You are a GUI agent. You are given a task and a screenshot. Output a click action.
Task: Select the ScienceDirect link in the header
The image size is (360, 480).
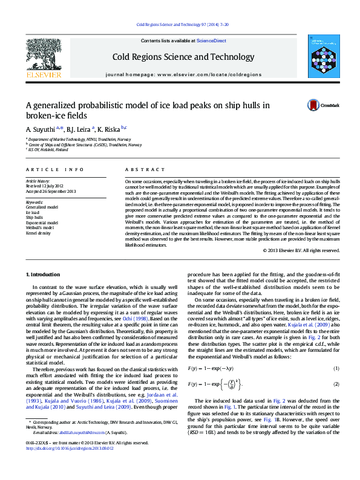[211, 41]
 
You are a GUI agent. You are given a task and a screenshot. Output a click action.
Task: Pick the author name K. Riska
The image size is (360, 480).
[110, 129]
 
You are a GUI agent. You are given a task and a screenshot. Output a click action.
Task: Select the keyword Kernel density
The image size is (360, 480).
[38, 232]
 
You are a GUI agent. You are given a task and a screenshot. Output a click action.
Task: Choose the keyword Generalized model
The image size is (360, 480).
[42, 207]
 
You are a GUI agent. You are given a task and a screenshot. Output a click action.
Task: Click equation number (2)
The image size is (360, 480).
[336, 384]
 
